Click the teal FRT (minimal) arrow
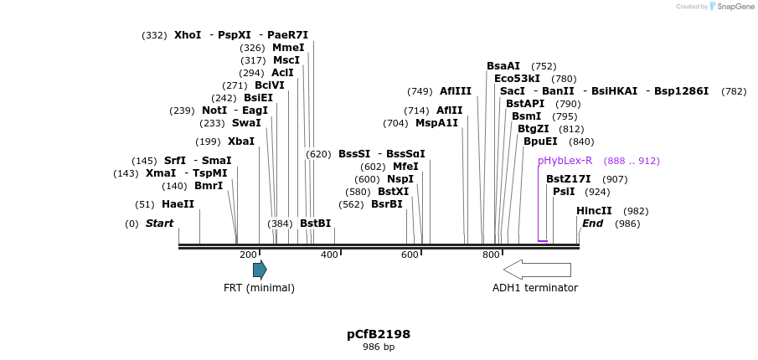pos(260,270)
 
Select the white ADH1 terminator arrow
pos(537,270)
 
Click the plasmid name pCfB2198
pos(379,334)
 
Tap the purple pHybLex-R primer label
pos(565,161)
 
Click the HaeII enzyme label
pos(178,204)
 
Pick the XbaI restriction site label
pos(241,141)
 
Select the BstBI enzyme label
pos(315,224)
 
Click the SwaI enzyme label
pos(246,123)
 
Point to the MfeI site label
pos(405,167)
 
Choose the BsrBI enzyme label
pos(386,204)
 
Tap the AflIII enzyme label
pos(456,91)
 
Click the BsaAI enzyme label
pos(503,66)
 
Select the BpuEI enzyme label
pos(540,141)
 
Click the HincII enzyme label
pos(594,211)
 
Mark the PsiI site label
pos(564,192)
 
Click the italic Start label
pos(159,224)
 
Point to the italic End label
pos(592,224)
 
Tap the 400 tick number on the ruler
pos(329,255)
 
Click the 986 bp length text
pos(379,347)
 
